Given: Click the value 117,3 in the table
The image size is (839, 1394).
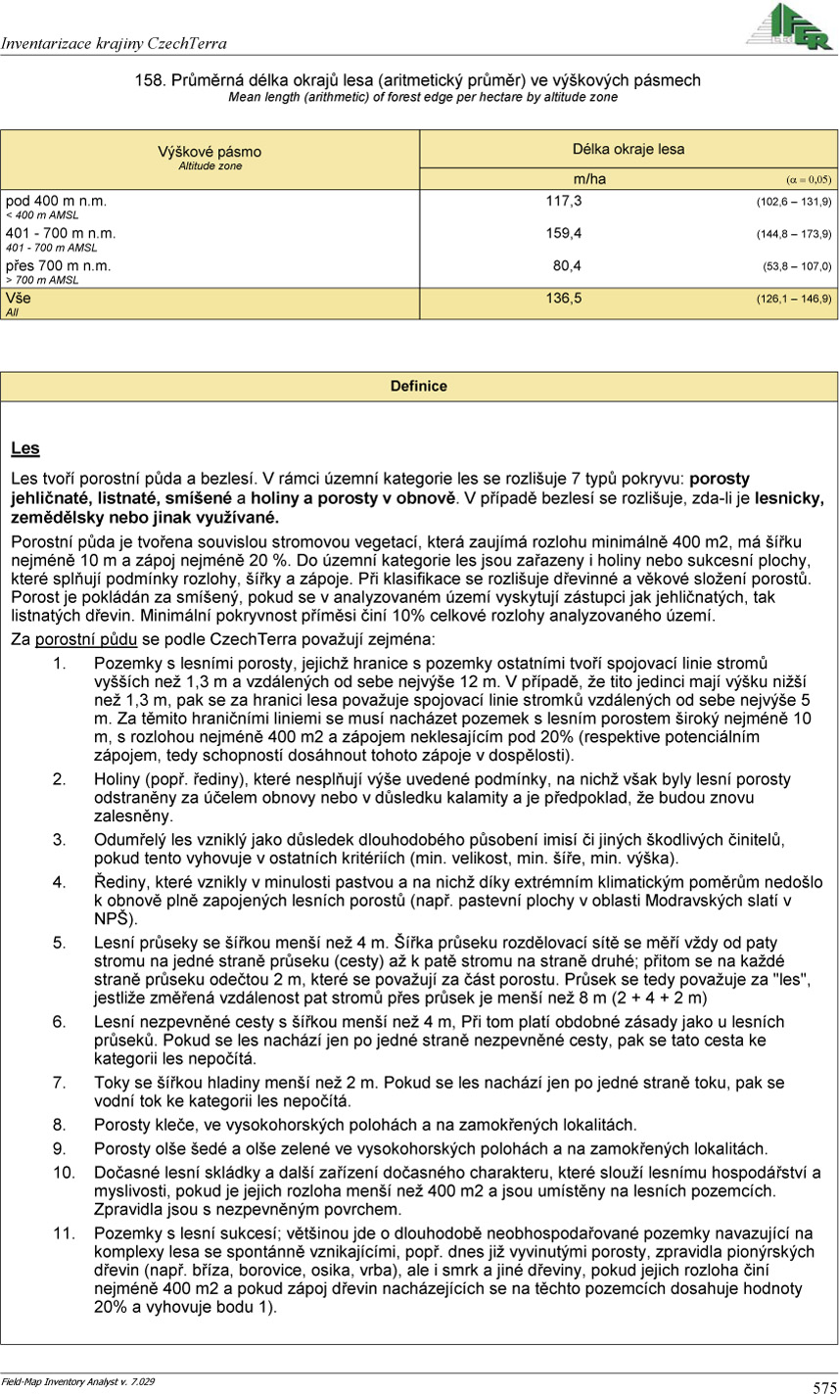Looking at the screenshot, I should tap(563, 201).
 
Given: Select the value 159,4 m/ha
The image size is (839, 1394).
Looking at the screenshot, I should tap(563, 233).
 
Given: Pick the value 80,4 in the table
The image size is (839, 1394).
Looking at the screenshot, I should tap(567, 265).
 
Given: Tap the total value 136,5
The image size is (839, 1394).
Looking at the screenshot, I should tap(563, 298).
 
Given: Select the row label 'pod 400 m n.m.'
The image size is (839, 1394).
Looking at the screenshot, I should tap(55, 201).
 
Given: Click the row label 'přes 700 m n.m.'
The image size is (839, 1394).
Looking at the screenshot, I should tap(59, 265).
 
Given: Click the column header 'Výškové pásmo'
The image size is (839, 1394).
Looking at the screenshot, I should tap(210, 152).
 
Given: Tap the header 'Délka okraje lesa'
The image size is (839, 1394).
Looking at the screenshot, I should tap(629, 149).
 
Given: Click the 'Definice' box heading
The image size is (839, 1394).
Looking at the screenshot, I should tap(418, 386).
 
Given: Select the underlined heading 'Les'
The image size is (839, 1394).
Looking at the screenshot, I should tap(25, 448).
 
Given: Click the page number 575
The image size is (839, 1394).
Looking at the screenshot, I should tap(823, 1386).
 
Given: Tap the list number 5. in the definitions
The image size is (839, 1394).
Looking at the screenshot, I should tap(60, 943).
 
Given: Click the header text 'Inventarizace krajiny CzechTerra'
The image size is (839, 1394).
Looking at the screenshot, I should tap(115, 44).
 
